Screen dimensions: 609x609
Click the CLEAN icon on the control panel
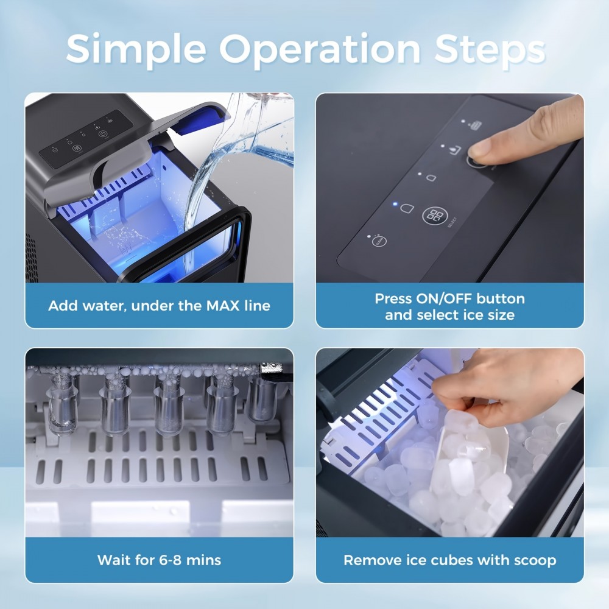(x=377, y=241)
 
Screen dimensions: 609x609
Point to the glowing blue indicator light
(x=395, y=205)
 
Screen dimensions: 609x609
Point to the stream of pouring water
(x=201, y=183)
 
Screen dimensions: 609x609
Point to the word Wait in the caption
(x=115, y=560)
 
